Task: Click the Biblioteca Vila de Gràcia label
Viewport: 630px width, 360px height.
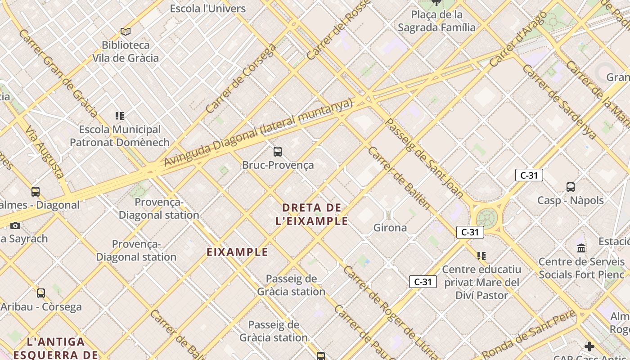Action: [126, 51]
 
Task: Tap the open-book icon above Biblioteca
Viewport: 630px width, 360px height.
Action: [126, 31]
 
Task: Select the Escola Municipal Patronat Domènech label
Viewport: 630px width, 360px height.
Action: [119, 136]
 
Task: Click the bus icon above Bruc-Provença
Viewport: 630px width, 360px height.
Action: [278, 152]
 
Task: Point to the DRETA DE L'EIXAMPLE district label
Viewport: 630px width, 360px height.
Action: [312, 214]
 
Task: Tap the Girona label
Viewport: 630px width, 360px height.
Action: [390, 228]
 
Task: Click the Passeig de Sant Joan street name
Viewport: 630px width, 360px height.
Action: [424, 158]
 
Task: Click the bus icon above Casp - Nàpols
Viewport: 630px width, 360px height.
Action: [571, 187]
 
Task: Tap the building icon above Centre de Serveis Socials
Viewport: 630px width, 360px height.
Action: [581, 248]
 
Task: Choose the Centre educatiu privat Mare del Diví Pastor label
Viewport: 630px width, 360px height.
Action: [481, 282]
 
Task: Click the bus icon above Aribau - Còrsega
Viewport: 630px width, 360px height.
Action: [41, 293]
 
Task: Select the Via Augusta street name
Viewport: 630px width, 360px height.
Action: [45, 152]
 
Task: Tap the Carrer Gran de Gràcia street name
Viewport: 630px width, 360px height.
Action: [58, 73]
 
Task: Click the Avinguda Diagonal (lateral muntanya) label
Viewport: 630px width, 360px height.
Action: [258, 133]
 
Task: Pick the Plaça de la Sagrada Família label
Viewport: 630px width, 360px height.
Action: [436, 21]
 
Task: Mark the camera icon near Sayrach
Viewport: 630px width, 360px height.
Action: [15, 225]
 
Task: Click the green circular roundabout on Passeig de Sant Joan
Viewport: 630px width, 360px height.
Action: [486, 218]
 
